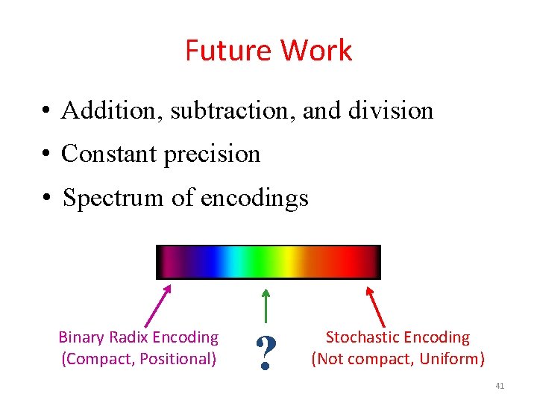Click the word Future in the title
point(229,51)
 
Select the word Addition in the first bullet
point(112,110)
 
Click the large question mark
point(263,353)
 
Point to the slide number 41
point(500,386)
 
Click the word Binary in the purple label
point(81,338)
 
